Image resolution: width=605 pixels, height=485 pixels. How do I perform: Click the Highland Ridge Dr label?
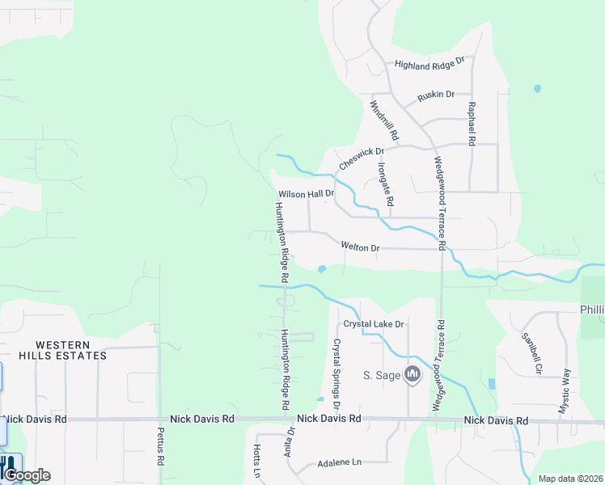[429, 63]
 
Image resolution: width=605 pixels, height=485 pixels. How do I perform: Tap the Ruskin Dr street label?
[436, 95]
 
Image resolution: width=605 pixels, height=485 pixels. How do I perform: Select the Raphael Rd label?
[470, 124]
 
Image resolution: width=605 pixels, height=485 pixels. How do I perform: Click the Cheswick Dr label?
[360, 157]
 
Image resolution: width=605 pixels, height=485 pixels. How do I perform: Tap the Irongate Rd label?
[385, 183]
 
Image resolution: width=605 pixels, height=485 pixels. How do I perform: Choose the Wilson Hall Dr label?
[306, 195]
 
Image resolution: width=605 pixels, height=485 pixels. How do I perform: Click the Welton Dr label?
[360, 247]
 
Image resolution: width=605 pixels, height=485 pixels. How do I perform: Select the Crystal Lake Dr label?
[373, 324]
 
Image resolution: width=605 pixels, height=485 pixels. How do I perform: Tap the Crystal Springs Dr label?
[336, 373]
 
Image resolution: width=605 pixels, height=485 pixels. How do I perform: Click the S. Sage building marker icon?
[412, 374]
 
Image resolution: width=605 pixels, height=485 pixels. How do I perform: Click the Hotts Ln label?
[257, 460]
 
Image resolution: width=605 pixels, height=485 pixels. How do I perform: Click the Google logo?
[26, 475]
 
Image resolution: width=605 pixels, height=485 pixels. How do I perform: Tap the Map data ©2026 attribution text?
[570, 479]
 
